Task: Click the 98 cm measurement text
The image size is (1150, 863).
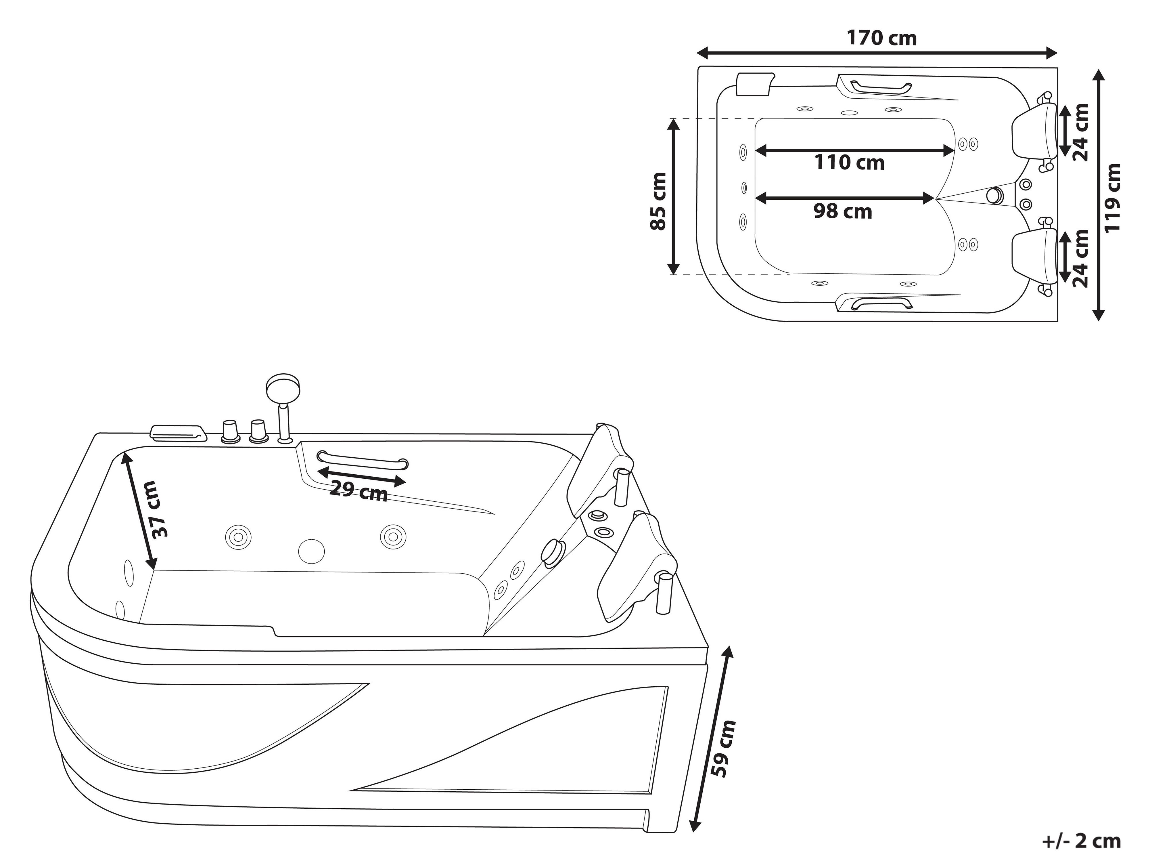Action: click(x=843, y=211)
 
